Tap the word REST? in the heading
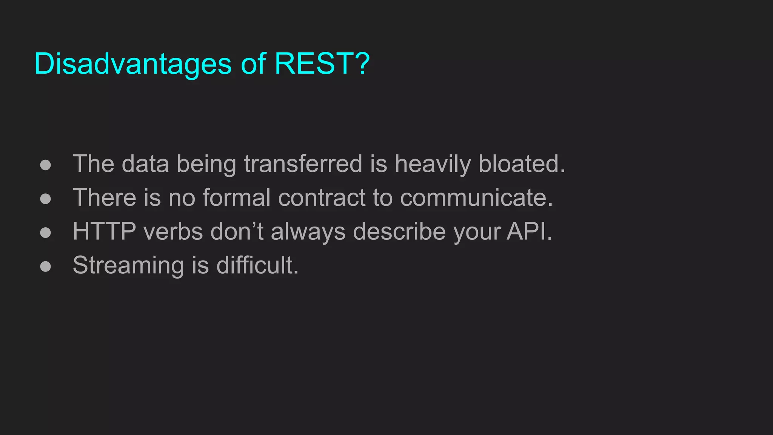click(322, 63)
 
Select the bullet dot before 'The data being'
click(46, 165)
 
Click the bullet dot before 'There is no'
click(46, 199)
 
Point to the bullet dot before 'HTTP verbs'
click(46, 232)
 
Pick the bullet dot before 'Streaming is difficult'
click(46, 266)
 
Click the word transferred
click(303, 164)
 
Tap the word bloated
click(522, 164)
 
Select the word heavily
click(433, 165)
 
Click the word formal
click(237, 197)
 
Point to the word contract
click(322, 198)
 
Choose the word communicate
click(476, 198)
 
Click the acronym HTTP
click(104, 231)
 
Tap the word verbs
click(173, 231)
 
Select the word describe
click(399, 231)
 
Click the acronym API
click(529, 231)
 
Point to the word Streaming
click(128, 265)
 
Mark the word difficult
click(257, 265)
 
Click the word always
click(308, 232)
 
